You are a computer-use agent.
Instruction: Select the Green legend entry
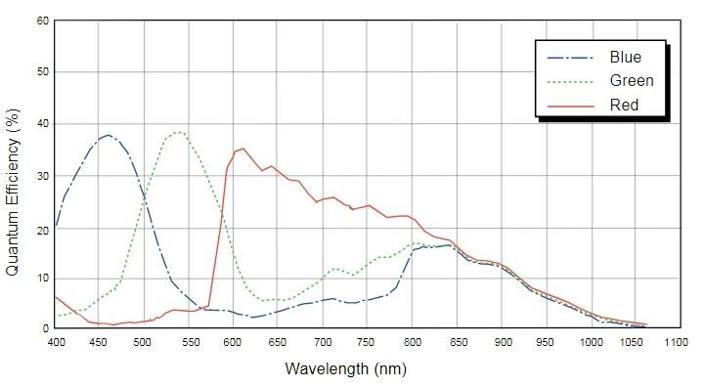pyautogui.click(x=630, y=80)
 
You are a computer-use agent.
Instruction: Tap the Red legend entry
pyautogui.click(x=623, y=103)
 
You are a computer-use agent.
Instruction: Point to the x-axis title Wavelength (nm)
pyautogui.click(x=340, y=370)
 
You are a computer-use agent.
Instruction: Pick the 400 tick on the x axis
pyautogui.click(x=56, y=343)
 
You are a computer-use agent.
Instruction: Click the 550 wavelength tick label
pyautogui.click(x=190, y=343)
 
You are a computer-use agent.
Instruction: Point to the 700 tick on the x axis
pyautogui.click(x=324, y=343)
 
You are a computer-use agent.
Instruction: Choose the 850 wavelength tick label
pyautogui.click(x=457, y=343)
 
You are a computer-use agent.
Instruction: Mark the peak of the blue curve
pyautogui.click(x=108, y=135)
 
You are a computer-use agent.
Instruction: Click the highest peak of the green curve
pyautogui.click(x=178, y=132)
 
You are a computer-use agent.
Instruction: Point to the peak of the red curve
pyautogui.click(x=242, y=149)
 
